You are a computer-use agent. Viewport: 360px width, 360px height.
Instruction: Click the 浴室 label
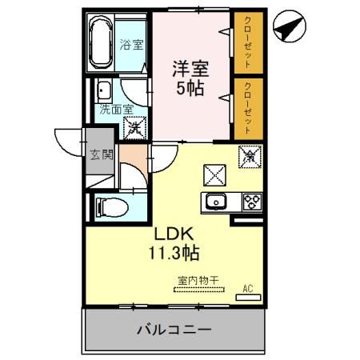(x=131, y=46)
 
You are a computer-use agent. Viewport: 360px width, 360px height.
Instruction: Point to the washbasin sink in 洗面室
(x=104, y=90)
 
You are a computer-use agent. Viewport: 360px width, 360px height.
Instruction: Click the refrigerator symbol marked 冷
(x=250, y=155)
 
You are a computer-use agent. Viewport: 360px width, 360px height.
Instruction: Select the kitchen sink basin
(x=216, y=202)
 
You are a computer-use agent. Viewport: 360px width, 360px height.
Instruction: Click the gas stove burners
(x=251, y=202)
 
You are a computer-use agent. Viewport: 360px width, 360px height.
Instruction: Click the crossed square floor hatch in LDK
(x=214, y=173)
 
